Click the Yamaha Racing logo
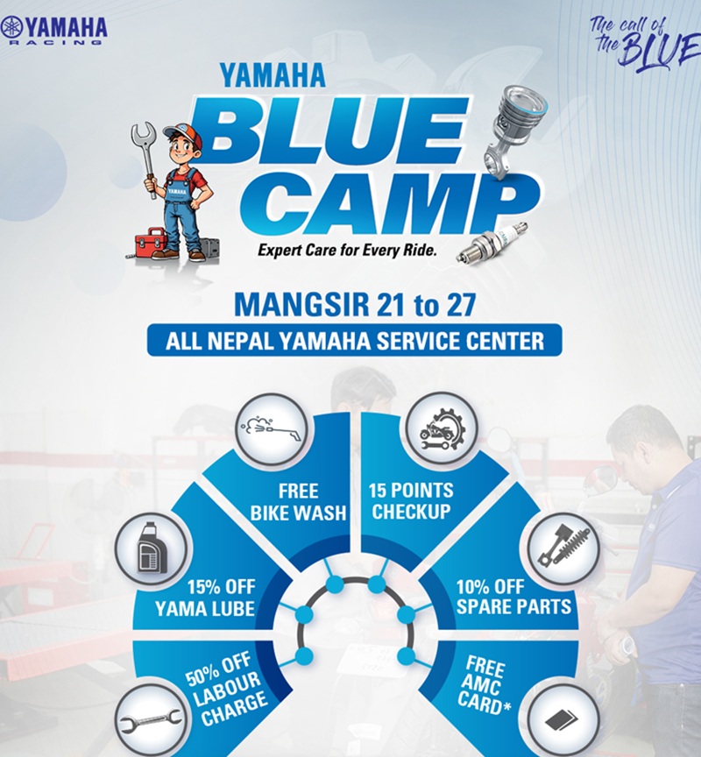[x=54, y=29]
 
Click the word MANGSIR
[x=287, y=308]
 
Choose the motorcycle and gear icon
[x=435, y=428]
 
